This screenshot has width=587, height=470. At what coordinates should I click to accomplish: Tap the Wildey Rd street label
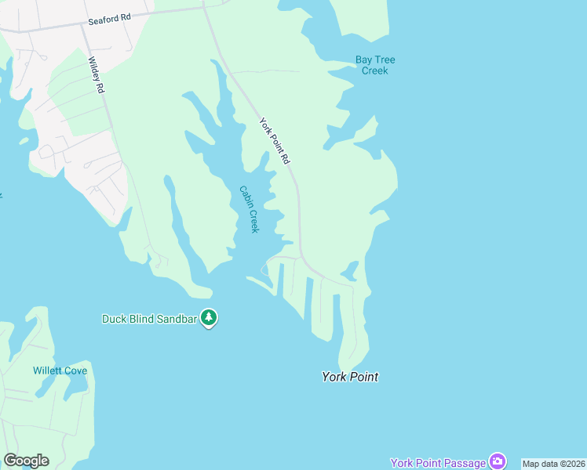click(96, 75)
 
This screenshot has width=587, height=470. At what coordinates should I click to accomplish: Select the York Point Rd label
click(275, 141)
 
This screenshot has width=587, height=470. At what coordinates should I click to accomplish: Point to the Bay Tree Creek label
click(375, 65)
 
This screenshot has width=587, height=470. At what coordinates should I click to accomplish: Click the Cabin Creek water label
click(249, 209)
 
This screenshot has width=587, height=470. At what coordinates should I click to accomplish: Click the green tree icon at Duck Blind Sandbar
click(209, 318)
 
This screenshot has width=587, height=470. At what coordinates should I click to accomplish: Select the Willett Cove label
click(60, 371)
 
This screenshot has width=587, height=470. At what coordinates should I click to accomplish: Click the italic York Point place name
click(350, 377)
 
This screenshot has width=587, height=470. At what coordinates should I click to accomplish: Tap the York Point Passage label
click(438, 463)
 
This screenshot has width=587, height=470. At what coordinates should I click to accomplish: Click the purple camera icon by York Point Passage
click(497, 461)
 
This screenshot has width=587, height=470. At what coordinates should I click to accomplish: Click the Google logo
click(27, 461)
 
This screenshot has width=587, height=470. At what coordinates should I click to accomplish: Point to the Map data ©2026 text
click(553, 464)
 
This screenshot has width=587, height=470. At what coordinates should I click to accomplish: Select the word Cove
click(75, 371)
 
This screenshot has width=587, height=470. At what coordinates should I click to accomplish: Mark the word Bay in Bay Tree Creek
click(363, 60)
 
